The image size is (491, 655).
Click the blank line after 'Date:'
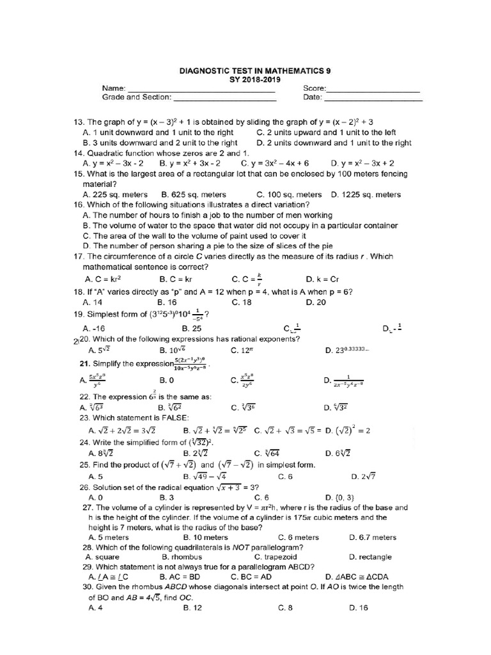point(373,100)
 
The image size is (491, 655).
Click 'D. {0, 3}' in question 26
point(339,497)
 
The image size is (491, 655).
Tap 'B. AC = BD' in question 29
point(187,577)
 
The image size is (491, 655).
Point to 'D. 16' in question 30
point(359,608)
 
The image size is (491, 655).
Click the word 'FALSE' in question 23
point(169,418)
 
